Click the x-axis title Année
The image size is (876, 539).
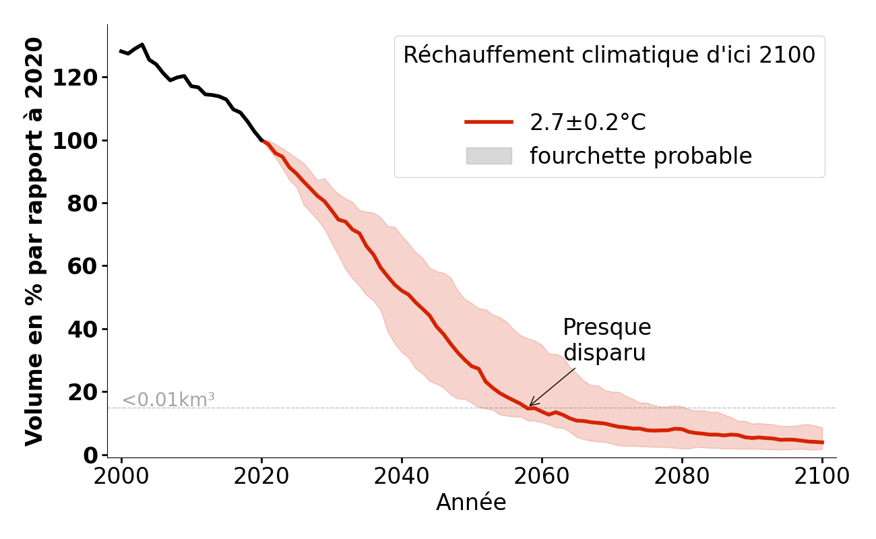(471, 503)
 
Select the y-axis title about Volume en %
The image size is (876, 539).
(34, 241)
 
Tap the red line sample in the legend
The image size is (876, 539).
(489, 122)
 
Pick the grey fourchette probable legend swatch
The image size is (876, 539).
(489, 156)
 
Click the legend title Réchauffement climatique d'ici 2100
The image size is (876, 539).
(609, 55)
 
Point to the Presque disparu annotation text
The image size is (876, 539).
(606, 340)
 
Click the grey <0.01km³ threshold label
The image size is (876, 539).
(168, 400)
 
